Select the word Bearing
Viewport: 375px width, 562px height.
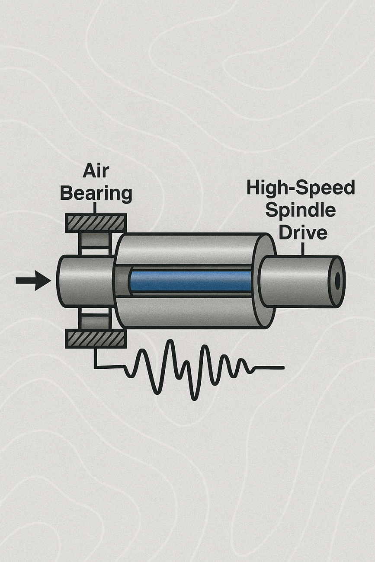(x=96, y=193)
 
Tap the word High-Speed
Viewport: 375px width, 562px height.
(x=301, y=188)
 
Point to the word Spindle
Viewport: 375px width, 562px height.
(x=301, y=210)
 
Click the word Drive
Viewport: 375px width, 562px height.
(x=302, y=232)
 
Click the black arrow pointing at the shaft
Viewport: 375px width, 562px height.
(x=33, y=281)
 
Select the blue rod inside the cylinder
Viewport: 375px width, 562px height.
(x=190, y=281)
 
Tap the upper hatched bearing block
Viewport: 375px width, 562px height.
(x=96, y=223)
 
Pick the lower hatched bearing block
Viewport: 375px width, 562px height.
(x=96, y=339)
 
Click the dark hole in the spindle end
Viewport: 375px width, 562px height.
(x=338, y=281)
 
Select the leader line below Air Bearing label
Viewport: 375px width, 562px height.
(x=95, y=208)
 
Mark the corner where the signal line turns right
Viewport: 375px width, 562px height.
(x=95, y=367)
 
